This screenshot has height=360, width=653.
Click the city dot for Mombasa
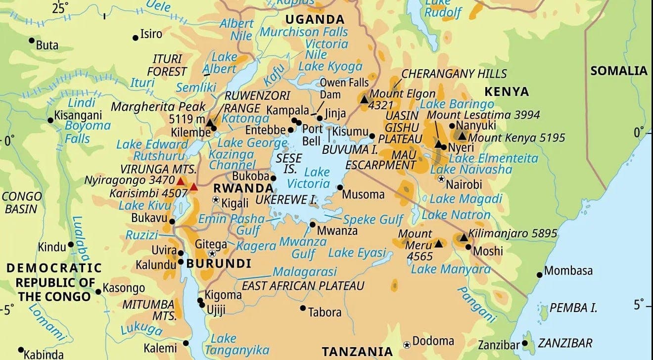(x=539, y=274)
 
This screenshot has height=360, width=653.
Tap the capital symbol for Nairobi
(x=441, y=179)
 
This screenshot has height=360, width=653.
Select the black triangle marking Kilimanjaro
(x=464, y=238)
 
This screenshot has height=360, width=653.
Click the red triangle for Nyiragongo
(x=181, y=182)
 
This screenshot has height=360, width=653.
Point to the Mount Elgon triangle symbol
(x=365, y=99)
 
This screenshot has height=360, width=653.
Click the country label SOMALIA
(x=618, y=71)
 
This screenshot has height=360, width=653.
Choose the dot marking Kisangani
(x=50, y=120)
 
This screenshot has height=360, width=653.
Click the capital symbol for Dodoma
(x=407, y=344)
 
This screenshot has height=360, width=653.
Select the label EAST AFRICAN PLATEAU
(x=303, y=286)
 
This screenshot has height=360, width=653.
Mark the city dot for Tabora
(x=303, y=308)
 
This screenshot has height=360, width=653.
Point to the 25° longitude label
(x=61, y=7)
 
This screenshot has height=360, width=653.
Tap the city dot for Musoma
(x=340, y=187)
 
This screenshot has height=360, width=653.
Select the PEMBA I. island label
(x=574, y=308)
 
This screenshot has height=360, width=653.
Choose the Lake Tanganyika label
(x=225, y=344)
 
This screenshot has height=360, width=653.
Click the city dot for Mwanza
(x=312, y=225)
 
